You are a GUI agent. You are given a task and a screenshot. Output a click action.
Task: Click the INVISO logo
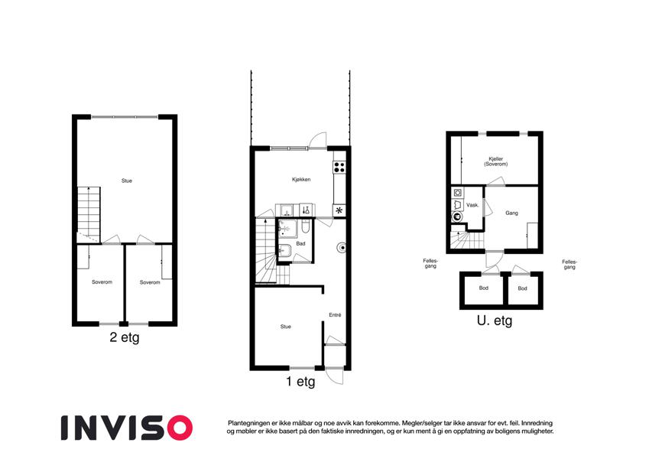[x=127, y=428]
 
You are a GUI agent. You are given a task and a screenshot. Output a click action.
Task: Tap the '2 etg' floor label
[x=124, y=337]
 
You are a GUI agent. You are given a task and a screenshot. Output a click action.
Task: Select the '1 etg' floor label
[x=300, y=382]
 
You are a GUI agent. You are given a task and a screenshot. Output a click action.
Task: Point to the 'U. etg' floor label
[x=495, y=321]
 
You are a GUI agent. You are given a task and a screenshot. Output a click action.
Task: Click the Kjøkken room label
[x=301, y=179]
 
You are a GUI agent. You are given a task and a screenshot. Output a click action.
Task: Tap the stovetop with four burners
[x=339, y=167]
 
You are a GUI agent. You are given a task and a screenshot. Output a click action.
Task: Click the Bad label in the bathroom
[x=300, y=243]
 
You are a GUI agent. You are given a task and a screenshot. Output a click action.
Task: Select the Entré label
[x=335, y=315]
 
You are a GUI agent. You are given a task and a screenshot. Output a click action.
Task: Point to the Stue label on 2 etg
[x=127, y=181]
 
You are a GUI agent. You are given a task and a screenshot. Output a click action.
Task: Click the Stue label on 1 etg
[x=286, y=327]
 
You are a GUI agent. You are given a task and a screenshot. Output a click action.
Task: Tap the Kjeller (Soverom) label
[x=496, y=161]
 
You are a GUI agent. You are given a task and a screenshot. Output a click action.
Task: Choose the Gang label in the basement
[x=511, y=213]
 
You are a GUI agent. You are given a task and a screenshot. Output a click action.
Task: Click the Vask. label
[x=472, y=205]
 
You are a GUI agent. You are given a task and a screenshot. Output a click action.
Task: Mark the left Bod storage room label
[x=483, y=288]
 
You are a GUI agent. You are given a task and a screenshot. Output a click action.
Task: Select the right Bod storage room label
[x=522, y=288]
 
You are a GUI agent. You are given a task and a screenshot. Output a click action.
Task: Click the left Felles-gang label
[x=430, y=263]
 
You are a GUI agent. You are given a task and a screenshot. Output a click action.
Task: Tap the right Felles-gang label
[x=569, y=264]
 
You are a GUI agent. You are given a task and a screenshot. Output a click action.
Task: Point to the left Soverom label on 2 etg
[x=102, y=282]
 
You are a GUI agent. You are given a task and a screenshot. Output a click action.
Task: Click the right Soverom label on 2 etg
[x=150, y=282]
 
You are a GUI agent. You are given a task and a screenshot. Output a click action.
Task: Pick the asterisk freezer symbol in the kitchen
[x=339, y=210]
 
